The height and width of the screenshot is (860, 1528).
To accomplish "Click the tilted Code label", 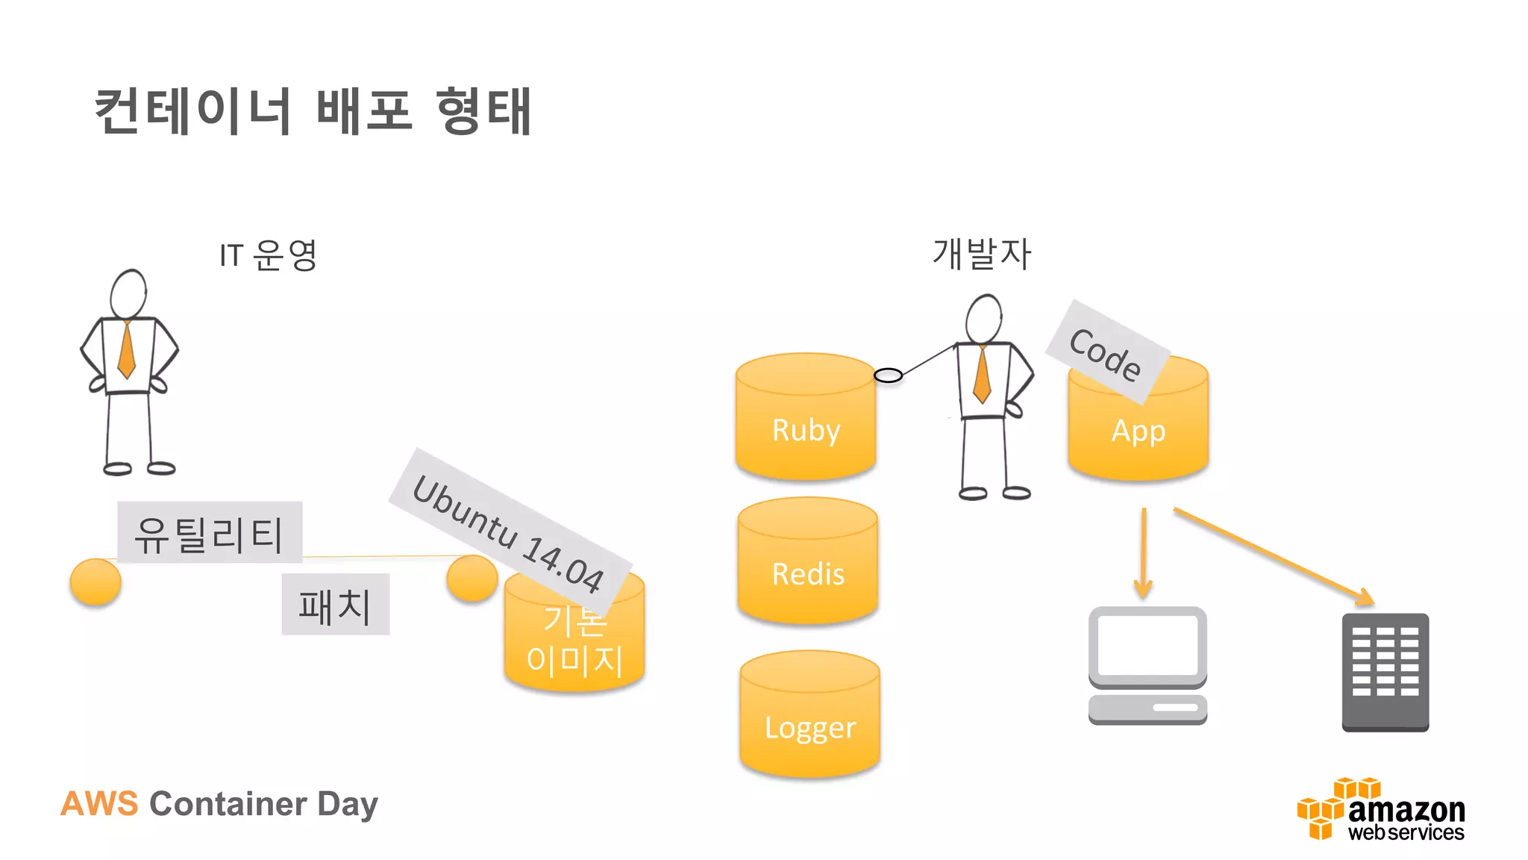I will pos(1106,353).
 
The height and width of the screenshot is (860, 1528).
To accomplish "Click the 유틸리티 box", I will pos(210,532).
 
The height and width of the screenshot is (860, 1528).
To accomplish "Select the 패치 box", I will pos(335,605).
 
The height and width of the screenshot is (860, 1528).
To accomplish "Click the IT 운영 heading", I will pos(269,255).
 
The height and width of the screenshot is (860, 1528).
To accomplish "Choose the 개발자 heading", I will pos(982,254).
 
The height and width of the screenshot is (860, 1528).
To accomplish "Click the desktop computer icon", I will pos(1147,665).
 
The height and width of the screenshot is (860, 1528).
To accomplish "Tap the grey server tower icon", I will pos(1385,672).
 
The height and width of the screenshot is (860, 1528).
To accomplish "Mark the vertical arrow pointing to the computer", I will pos(1143,552).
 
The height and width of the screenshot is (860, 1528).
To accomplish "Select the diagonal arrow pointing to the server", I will pos(1273,556).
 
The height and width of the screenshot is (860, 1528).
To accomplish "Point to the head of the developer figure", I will pos(983,319).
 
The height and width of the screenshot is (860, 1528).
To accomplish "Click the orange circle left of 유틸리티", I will pos(95,582).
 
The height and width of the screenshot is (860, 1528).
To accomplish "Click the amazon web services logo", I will pos(1381,811).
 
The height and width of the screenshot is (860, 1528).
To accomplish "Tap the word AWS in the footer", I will pos(99,804).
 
